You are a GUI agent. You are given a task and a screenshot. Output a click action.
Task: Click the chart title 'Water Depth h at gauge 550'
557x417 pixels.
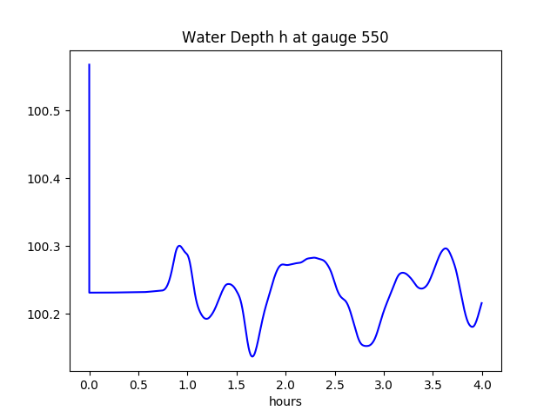pyautogui.click(x=285, y=37)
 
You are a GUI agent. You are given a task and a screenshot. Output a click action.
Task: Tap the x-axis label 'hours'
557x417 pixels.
pyautogui.click(x=285, y=401)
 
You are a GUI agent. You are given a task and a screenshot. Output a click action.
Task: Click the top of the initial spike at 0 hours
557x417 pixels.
pyautogui.click(x=90, y=65)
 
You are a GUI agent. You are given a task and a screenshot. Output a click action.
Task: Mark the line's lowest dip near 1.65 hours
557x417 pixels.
pyautogui.click(x=252, y=356)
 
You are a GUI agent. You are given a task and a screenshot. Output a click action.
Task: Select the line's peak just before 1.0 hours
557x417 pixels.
pyautogui.click(x=179, y=246)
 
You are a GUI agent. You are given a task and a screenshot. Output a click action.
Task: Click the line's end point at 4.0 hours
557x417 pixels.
pyautogui.click(x=481, y=303)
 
